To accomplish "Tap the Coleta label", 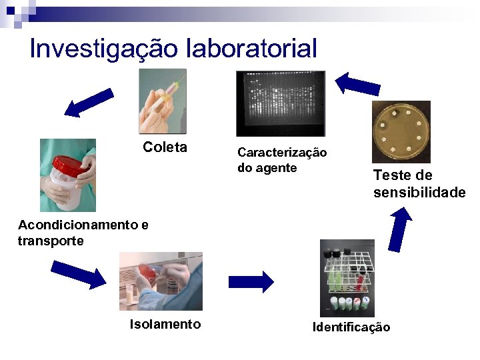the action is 165,147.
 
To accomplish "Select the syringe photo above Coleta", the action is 162,102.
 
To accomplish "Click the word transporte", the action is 51,241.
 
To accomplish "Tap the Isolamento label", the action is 165,324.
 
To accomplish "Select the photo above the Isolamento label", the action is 161,281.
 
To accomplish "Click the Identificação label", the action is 351,327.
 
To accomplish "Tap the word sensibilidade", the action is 419,193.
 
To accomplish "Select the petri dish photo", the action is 401,131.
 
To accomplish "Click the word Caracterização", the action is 282,153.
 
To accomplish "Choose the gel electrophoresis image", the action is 280,103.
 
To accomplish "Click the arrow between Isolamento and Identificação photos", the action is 251,281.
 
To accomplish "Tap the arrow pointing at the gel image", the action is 357,84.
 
